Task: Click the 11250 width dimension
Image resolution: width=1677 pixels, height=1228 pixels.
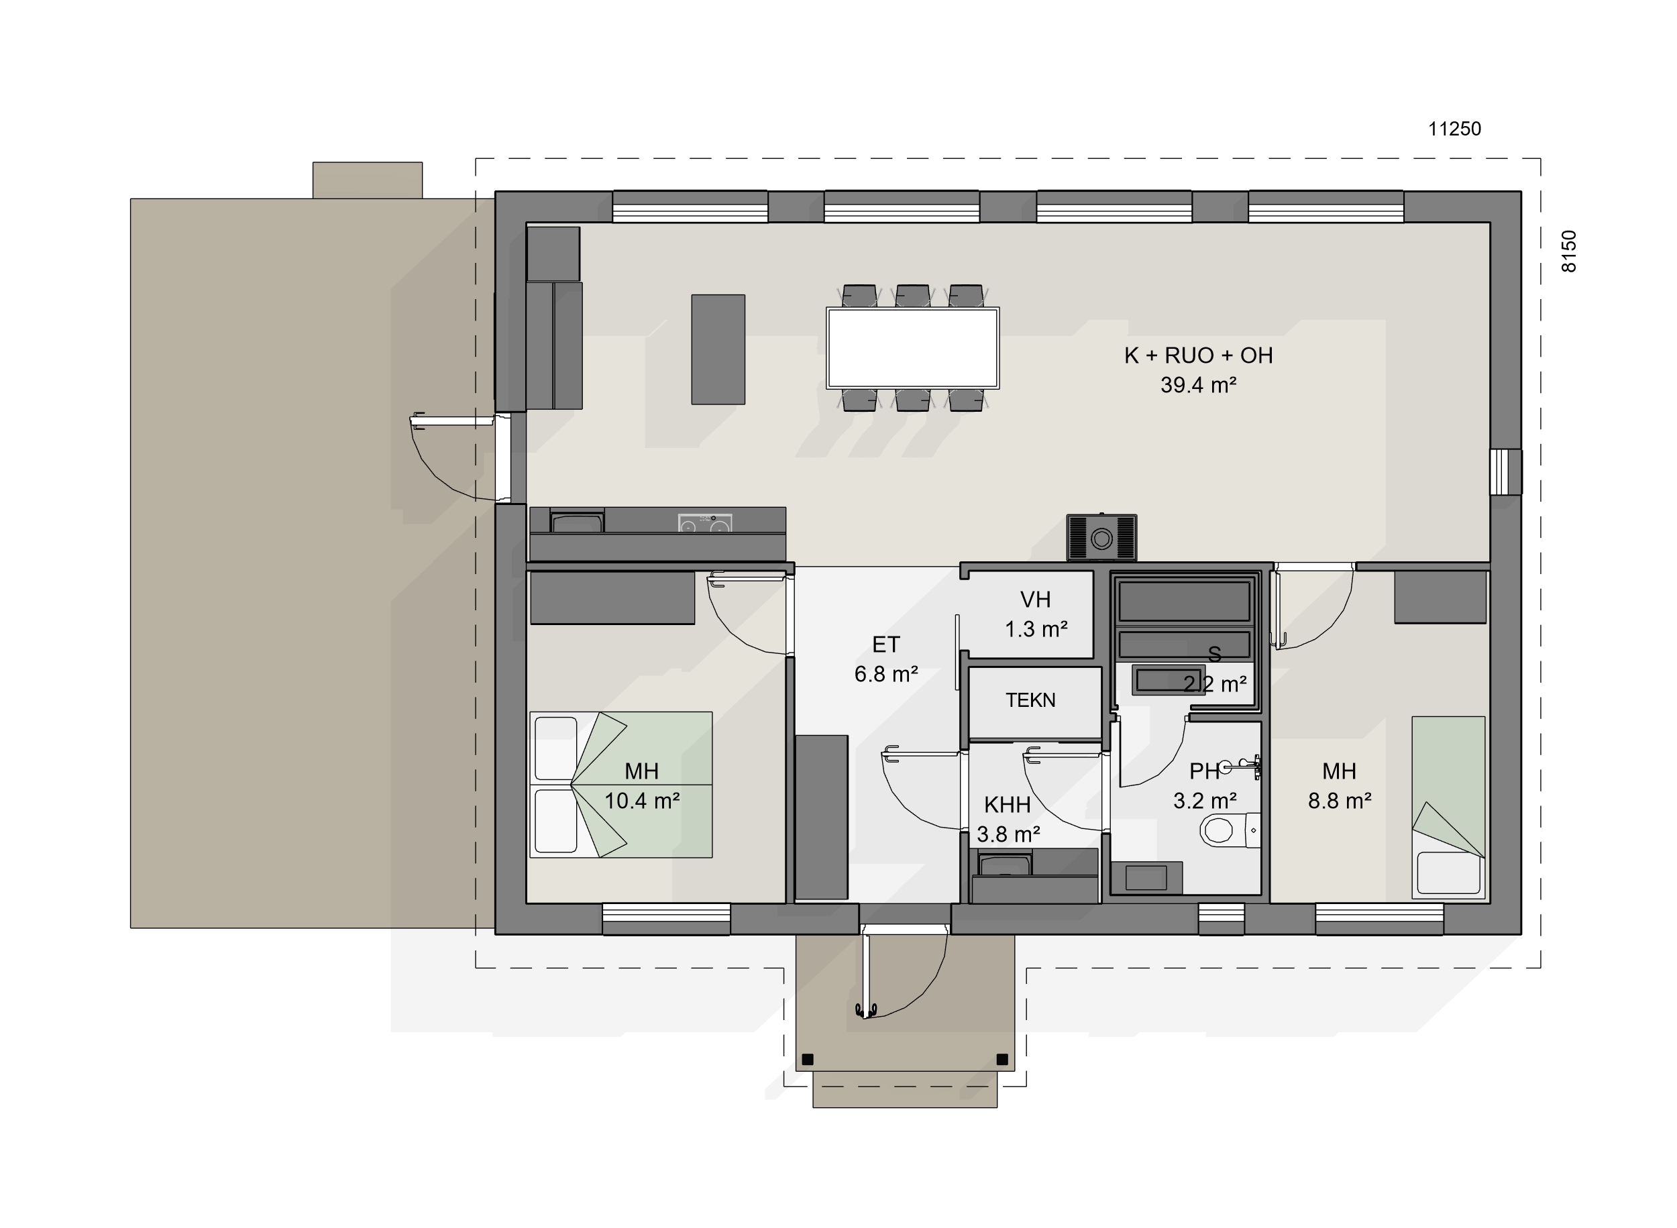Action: coord(1454,129)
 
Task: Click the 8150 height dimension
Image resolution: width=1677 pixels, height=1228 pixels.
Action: coord(1568,252)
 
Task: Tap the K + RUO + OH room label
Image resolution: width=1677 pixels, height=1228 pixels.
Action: coord(1198,355)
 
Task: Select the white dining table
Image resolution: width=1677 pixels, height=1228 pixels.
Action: coord(913,348)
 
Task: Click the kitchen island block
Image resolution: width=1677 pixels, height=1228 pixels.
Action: coord(718,349)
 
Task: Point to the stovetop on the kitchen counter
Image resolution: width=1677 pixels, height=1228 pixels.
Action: coord(705,522)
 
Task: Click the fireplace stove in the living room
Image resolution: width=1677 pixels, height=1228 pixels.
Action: coord(1101,537)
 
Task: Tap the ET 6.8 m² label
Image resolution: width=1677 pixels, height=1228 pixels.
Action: coord(886,659)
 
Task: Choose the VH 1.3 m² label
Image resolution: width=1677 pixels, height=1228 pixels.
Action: coord(1036,615)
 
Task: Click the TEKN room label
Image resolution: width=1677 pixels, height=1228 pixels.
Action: coord(1030,700)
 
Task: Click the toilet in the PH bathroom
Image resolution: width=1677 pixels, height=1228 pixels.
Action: coord(1230,830)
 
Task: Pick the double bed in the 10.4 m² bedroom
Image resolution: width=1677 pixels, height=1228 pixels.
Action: coord(621,785)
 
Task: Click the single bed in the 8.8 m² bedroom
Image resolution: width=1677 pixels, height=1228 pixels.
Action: coord(1449,807)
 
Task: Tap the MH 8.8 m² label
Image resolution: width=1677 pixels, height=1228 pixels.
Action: coord(1340,787)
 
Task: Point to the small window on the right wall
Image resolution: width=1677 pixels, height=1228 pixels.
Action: coord(1506,472)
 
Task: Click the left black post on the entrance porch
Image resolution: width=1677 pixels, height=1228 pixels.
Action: coord(808,1059)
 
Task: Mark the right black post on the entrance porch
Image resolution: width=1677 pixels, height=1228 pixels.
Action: coord(1002,1059)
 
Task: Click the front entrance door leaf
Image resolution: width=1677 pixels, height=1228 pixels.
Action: coord(866,975)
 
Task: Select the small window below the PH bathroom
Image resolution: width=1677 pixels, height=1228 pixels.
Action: coord(1222,919)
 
